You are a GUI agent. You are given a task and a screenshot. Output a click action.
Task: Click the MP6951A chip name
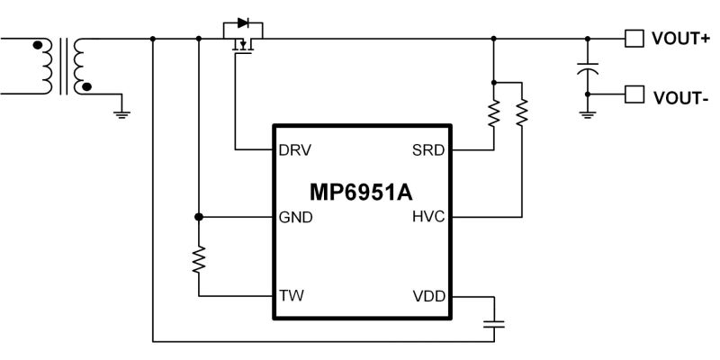[x=361, y=193]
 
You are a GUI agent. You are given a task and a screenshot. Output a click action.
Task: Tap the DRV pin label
[x=295, y=150]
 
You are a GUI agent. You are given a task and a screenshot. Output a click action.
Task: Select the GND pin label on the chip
[x=296, y=217]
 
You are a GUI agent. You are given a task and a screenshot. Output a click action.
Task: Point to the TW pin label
[x=292, y=296]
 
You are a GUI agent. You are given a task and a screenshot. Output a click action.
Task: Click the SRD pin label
[x=428, y=150]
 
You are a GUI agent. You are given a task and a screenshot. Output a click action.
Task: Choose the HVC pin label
[x=428, y=217]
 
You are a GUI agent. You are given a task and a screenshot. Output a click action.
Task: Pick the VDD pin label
[x=429, y=297]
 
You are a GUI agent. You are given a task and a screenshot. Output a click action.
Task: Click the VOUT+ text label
[x=680, y=39]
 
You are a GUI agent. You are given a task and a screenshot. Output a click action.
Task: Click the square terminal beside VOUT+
[x=634, y=39]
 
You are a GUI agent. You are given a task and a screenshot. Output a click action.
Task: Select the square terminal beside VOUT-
[x=634, y=94]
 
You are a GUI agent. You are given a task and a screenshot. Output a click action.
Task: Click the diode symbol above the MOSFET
[x=243, y=22]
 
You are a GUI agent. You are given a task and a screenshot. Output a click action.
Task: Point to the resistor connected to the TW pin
[x=199, y=259]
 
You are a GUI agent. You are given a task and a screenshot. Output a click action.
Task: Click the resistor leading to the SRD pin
[x=493, y=113]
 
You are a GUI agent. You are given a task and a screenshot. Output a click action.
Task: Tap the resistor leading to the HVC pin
[x=522, y=112]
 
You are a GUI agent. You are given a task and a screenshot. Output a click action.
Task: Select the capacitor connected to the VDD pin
[x=494, y=324]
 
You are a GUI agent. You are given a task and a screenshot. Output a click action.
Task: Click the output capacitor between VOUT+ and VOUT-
[x=588, y=69]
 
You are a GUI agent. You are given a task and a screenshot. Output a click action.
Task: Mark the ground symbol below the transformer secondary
[x=121, y=114]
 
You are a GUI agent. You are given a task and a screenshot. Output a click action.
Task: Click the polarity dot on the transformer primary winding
[x=38, y=45]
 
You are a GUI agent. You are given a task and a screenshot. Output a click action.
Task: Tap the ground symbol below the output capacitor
[x=588, y=114]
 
